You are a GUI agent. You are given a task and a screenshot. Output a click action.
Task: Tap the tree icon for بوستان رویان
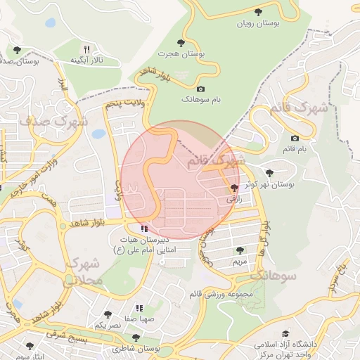click(259, 12)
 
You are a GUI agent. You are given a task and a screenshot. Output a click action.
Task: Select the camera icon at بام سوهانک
click(201, 89)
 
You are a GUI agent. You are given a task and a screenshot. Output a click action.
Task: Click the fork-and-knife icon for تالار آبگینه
click(86, 49)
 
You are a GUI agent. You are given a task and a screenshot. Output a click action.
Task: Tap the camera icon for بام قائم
click(294, 138)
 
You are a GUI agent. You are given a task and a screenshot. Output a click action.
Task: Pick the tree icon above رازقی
click(234, 188)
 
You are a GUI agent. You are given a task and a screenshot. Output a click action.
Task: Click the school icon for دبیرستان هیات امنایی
click(144, 229)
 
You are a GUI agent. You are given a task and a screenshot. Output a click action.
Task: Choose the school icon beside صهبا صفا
click(139, 307)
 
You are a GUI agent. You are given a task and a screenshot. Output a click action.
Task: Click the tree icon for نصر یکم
click(107, 314)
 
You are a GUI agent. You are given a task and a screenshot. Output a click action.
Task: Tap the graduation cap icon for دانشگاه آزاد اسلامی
click(285, 333)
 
